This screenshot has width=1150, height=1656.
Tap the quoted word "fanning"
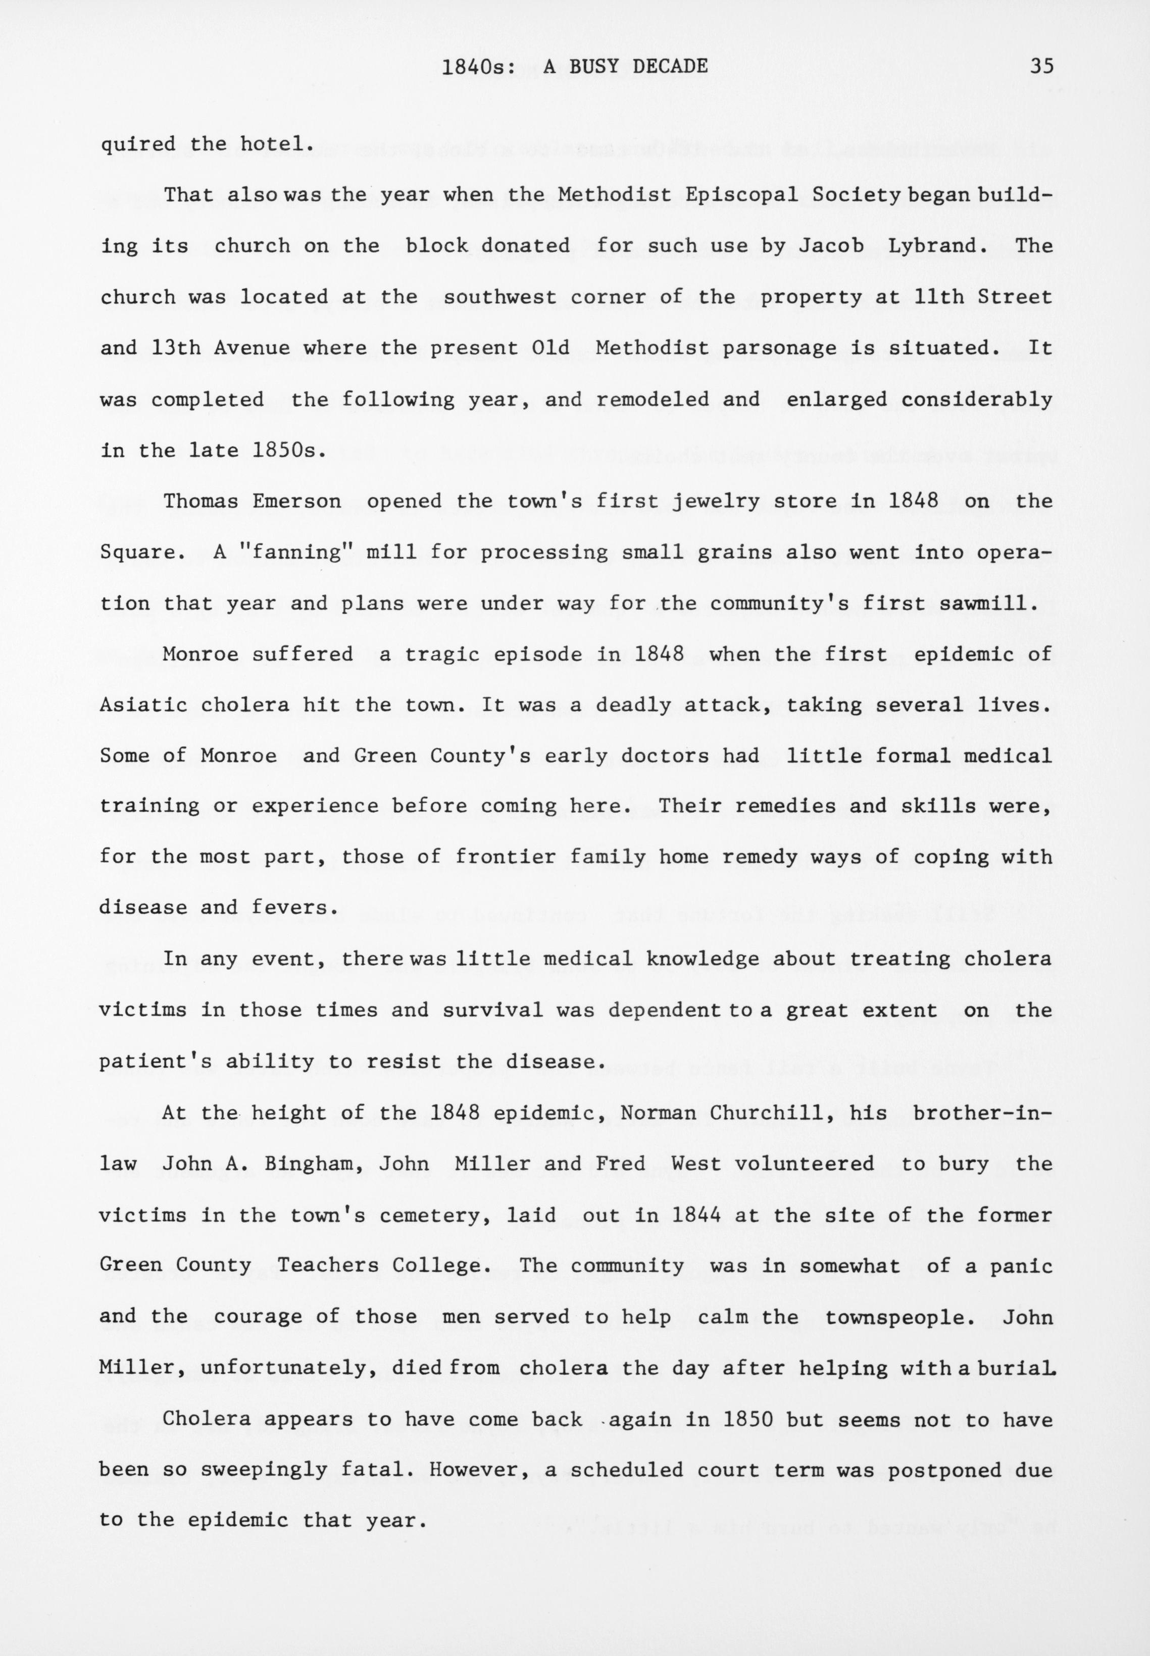(297, 553)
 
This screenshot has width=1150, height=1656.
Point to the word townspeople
(901, 1318)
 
